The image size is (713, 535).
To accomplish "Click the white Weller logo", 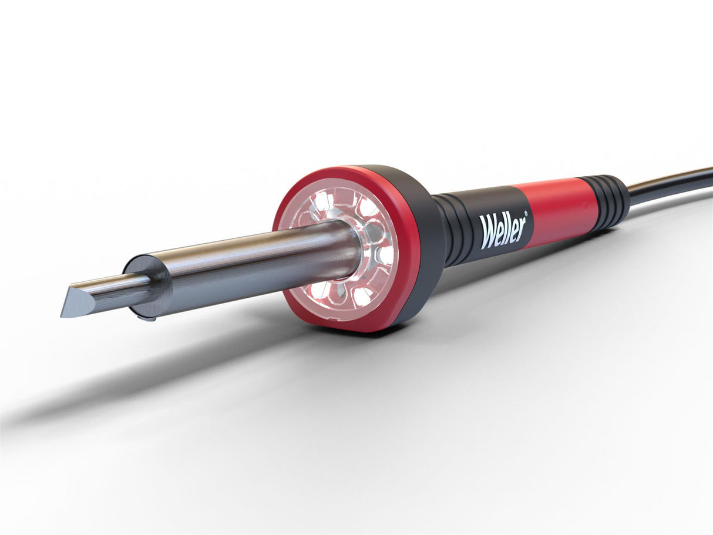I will click(503, 230).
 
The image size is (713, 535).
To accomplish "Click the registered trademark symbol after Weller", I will click(525, 216).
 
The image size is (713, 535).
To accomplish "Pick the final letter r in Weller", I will click(520, 229).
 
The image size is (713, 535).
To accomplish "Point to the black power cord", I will click(670, 186).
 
